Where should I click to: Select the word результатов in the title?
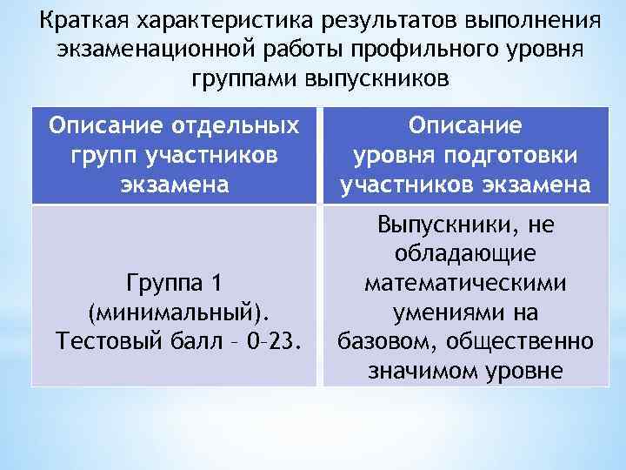(376, 19)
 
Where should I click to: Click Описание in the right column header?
(465, 126)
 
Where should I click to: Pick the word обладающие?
(465, 254)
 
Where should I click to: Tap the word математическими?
(465, 283)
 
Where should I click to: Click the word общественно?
(521, 340)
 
